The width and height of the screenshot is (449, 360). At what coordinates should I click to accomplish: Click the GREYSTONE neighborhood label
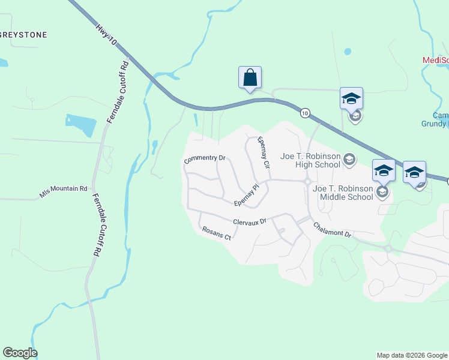click(x=23, y=35)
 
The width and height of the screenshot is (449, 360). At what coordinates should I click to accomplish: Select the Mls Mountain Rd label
click(x=64, y=191)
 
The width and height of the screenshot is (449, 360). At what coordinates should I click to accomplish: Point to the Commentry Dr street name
click(x=205, y=159)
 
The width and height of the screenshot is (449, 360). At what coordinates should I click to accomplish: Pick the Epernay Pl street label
click(x=246, y=196)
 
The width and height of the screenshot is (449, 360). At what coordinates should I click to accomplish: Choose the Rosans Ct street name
click(x=216, y=233)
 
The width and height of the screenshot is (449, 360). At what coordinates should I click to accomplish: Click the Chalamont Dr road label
click(x=332, y=230)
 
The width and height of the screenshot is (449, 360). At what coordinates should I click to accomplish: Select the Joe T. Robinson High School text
click(x=310, y=160)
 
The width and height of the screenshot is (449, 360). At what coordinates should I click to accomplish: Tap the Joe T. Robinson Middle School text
click(x=343, y=192)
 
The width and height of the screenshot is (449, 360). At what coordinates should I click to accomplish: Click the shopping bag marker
click(x=250, y=78)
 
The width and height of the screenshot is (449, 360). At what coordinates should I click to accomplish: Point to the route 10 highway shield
click(x=306, y=113)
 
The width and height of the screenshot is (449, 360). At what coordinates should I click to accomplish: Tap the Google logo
click(x=20, y=353)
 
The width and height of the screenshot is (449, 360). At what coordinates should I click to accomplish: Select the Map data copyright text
click(x=412, y=355)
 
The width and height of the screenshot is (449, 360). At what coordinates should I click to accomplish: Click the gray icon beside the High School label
click(x=350, y=160)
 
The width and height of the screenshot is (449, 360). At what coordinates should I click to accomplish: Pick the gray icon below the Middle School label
click(x=382, y=192)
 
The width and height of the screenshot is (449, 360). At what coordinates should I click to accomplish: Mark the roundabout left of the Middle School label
click(x=307, y=181)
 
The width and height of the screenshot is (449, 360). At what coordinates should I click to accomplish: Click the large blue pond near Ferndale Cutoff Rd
click(x=82, y=124)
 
